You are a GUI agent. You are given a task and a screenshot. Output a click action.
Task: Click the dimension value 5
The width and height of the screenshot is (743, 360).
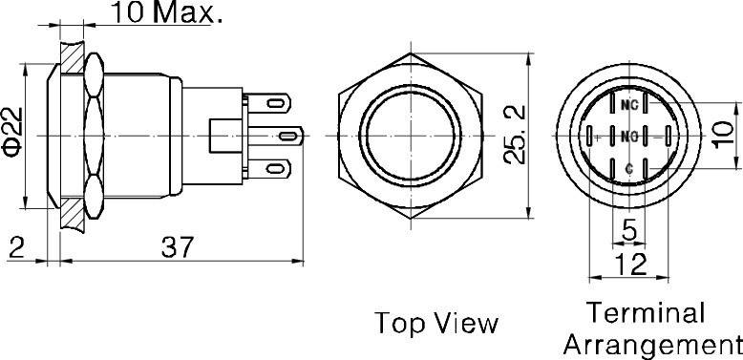[628, 229]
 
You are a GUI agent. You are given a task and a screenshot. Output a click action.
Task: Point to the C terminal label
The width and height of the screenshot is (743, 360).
[628, 168]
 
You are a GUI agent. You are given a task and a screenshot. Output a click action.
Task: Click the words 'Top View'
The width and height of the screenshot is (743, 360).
[435, 322]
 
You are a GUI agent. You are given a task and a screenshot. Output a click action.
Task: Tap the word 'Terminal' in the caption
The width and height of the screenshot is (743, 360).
[646, 313]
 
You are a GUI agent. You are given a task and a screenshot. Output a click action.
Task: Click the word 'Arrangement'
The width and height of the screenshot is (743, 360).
[653, 343]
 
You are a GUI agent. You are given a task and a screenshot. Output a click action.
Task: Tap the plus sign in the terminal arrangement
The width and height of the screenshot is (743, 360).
[597, 138]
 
